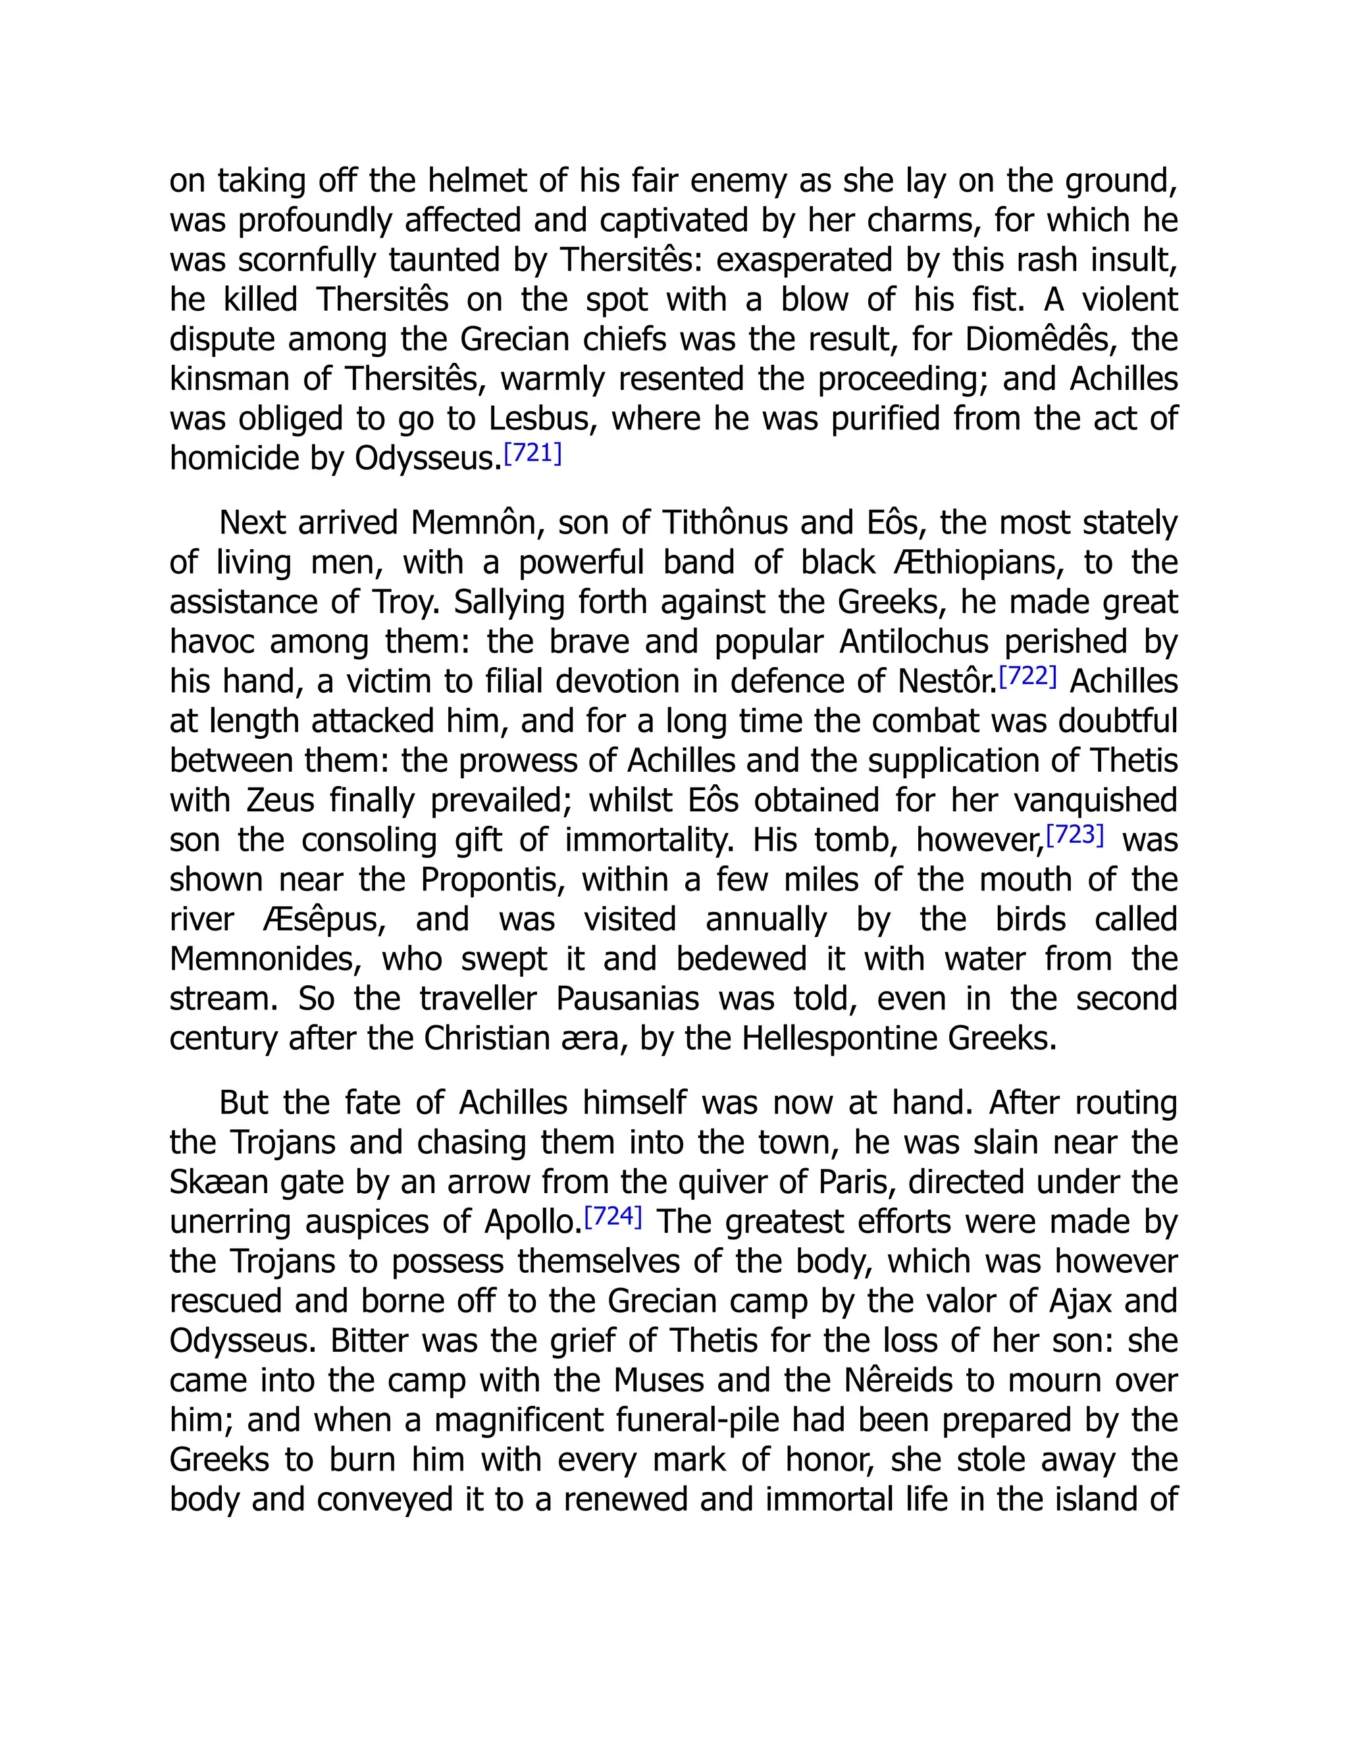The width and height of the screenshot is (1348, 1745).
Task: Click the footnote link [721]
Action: pos(532,454)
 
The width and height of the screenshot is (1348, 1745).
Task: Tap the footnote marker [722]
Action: pos(1027,677)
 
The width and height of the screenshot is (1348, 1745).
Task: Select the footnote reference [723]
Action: pos(1075,835)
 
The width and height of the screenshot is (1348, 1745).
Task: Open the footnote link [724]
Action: pos(613,1217)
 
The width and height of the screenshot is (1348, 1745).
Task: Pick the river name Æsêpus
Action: pos(323,920)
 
